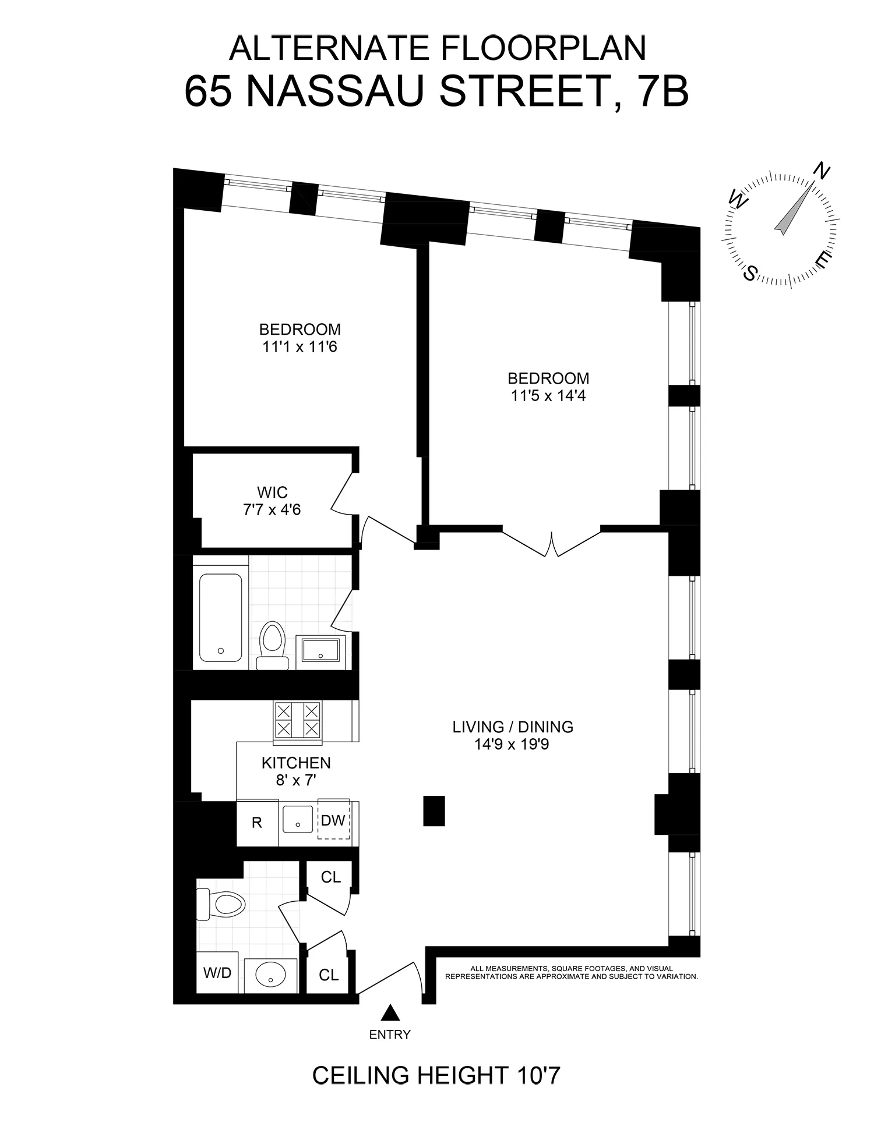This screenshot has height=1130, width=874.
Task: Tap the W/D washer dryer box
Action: tap(217, 973)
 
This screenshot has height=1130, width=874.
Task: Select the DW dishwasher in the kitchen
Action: tap(333, 821)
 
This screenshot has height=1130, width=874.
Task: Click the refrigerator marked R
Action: tap(257, 823)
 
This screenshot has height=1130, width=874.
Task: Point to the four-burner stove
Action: tap(298, 721)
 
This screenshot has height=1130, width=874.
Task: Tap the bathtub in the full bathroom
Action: tap(220, 617)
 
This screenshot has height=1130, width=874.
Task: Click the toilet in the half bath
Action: tap(222, 905)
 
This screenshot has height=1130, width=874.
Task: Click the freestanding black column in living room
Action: tap(434, 810)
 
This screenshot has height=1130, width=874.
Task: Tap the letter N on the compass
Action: tap(822, 172)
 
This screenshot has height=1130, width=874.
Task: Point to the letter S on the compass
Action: tap(752, 272)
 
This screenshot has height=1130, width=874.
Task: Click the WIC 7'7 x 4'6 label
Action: tap(272, 501)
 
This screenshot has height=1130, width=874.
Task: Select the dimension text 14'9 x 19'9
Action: tap(512, 745)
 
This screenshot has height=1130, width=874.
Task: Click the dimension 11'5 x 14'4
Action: tap(548, 396)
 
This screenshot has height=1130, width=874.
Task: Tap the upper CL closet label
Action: tap(331, 877)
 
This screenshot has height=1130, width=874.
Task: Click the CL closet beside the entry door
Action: tap(329, 975)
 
